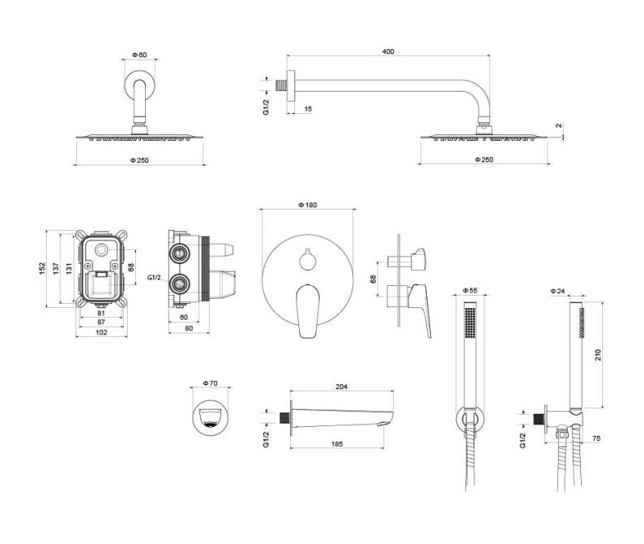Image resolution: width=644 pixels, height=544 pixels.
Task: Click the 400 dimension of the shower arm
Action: click(388, 52)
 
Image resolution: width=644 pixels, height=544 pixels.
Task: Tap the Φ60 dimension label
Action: click(139, 55)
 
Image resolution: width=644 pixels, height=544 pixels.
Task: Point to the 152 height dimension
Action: click(43, 269)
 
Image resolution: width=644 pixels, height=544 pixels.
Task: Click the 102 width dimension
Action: click(102, 333)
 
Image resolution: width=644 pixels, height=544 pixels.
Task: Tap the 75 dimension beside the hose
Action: click(596, 438)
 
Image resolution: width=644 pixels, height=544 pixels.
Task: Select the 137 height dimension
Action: click(56, 269)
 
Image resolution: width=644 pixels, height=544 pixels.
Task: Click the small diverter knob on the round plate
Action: click(307, 260)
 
